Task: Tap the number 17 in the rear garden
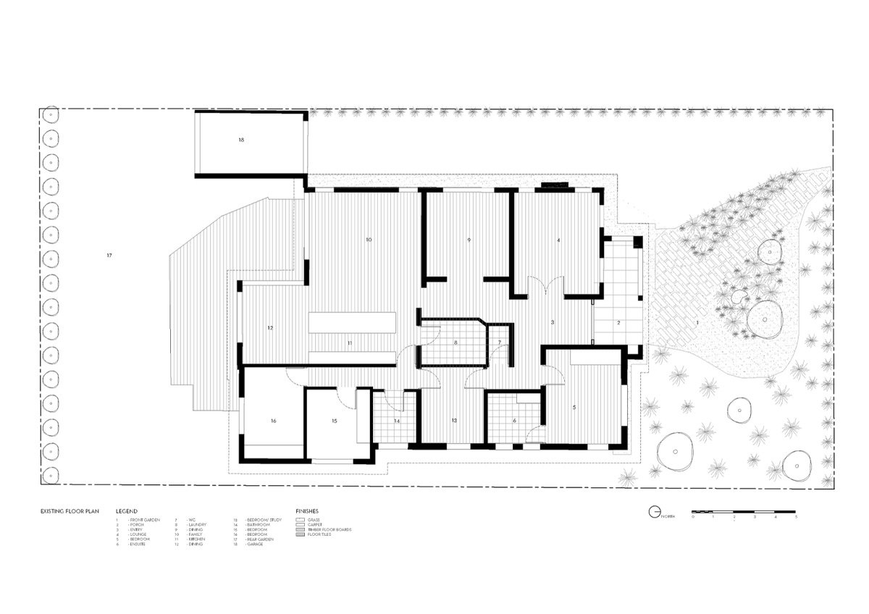coord(109,256)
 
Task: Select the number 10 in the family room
coord(369,239)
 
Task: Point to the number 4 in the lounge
coord(558,239)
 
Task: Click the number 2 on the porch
coord(619,321)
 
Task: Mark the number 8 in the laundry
coord(456,342)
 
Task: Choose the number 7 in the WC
coord(499,342)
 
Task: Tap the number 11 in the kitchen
coord(349,342)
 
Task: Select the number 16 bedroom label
coord(273,420)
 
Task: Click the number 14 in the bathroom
coord(397,420)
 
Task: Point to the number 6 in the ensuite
coord(514,420)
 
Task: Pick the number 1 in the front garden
coord(697,321)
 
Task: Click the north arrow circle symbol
coord(654,512)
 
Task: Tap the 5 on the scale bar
coord(796,518)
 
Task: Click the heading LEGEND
coord(126,510)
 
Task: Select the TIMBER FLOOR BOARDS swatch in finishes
coord(300,529)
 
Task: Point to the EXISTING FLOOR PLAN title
coord(70,510)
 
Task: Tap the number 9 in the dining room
coord(469,239)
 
